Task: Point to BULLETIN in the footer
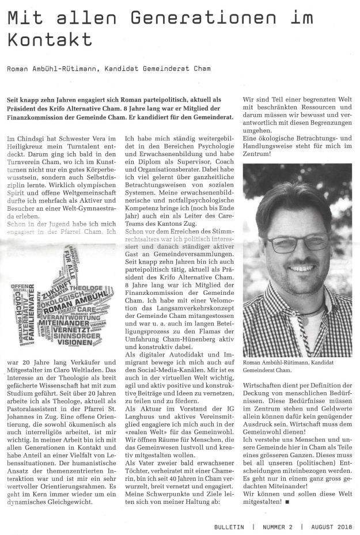229,527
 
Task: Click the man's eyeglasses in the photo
297,242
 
